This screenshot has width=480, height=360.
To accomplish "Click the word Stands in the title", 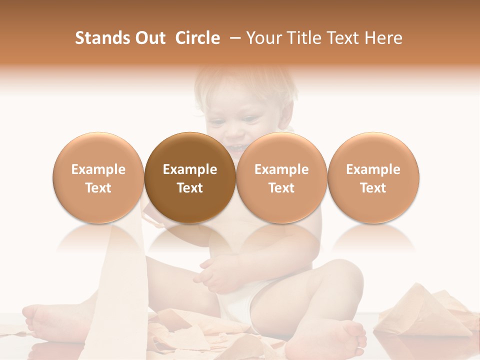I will pyautogui.click(x=97, y=38).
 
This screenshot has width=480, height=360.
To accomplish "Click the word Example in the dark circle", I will pyautogui.click(x=190, y=169).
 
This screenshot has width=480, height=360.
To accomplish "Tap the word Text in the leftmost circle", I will pyautogui.click(x=98, y=188).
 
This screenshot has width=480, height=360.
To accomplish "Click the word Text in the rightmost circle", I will pyautogui.click(x=373, y=188).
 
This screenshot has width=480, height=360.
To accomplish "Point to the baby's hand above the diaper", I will pyautogui.click(x=215, y=275).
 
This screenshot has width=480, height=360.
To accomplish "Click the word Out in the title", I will pyautogui.click(x=149, y=38).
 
